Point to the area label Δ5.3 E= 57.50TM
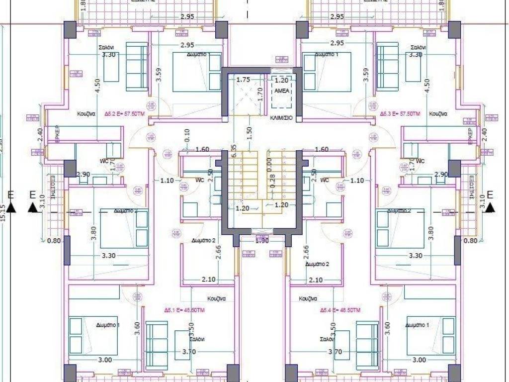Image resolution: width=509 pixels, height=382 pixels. (x=401, y=114)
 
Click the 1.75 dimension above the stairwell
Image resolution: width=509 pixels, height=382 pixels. (x=243, y=80)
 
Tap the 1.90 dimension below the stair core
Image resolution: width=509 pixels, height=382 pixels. (x=261, y=241)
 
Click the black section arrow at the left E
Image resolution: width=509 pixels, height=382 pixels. (x=32, y=208)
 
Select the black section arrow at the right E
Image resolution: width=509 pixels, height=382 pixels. (x=491, y=208)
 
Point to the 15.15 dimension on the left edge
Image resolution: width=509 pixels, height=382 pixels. (x=3, y=212)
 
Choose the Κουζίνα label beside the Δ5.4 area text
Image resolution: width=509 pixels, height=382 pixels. (x=308, y=299)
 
